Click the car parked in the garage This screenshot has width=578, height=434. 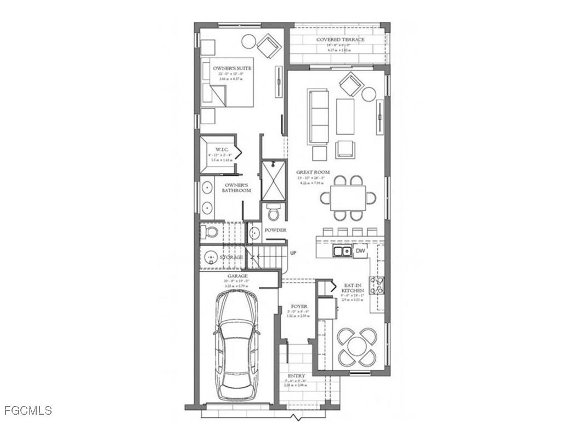coord(237,344)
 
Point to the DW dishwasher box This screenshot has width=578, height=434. coord(360,252)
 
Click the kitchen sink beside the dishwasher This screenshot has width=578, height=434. coord(343,252)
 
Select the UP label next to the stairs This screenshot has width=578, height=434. coord(293,253)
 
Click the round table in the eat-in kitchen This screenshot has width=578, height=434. coord(357,347)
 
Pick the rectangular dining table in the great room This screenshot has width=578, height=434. coord(348,198)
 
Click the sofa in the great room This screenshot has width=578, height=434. coord(318,116)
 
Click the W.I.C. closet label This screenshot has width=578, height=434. coord(222,149)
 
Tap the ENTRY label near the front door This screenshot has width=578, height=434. coord(296,376)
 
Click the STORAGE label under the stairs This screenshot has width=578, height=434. coord(231,257)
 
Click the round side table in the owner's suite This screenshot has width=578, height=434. coord(248,41)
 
